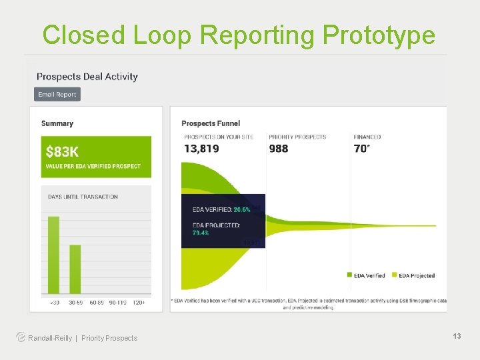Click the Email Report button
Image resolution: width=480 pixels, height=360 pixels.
click(57, 95)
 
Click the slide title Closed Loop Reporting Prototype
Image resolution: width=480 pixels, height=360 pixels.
click(239, 35)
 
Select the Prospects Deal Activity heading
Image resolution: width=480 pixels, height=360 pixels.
click(87, 77)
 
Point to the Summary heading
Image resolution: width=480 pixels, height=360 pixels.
click(57, 123)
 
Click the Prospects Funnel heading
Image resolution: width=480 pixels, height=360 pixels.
click(211, 123)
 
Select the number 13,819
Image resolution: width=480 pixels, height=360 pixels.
click(201, 149)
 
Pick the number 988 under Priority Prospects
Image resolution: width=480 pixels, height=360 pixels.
click(279, 149)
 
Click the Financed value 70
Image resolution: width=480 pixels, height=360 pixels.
click(361, 149)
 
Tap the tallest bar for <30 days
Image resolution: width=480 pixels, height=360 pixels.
click(53, 255)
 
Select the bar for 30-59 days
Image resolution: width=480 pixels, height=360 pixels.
click(75, 269)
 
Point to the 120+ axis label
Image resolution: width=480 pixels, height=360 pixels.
click(139, 302)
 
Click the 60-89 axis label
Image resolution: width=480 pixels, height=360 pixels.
click(96, 302)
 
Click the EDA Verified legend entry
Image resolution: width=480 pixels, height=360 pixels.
click(366, 275)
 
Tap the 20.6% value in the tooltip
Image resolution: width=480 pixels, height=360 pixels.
click(241, 209)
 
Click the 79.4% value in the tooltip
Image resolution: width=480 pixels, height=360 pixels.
click(201, 233)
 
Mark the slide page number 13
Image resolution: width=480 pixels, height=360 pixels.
click(457, 337)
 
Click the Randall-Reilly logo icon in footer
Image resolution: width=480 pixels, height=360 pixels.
click(21, 337)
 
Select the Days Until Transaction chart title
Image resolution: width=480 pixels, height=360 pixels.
click(83, 197)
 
